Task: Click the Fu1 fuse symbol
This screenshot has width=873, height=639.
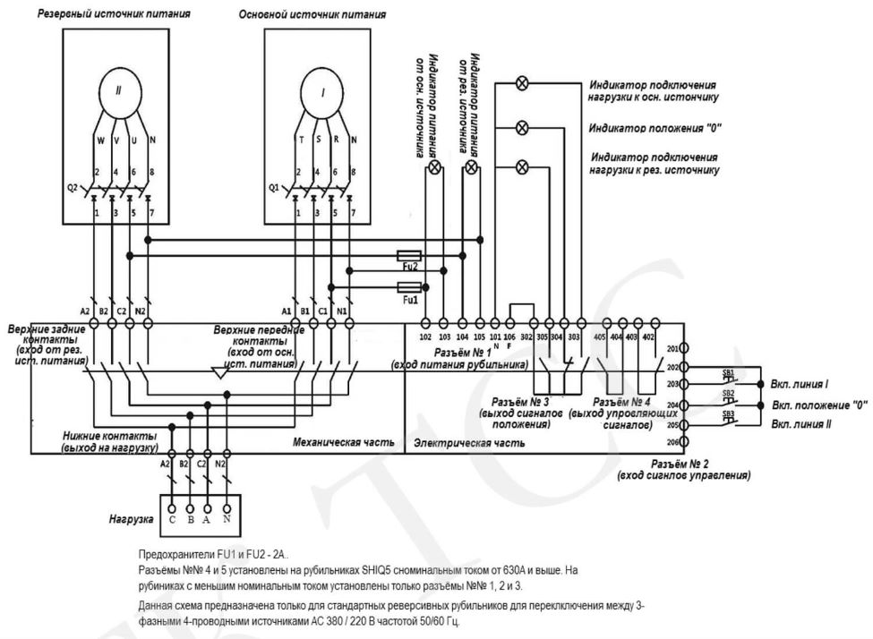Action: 408,287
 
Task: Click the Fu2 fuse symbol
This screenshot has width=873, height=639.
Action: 408,254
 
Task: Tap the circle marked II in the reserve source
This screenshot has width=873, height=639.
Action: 118,92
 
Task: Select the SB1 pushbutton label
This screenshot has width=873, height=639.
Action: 729,371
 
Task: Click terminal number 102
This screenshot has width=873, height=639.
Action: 425,337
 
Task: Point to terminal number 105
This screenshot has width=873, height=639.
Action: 479,337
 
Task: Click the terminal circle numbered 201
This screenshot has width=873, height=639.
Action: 685,350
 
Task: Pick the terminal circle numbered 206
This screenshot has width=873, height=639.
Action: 685,441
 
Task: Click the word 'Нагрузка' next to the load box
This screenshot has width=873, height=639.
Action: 131,518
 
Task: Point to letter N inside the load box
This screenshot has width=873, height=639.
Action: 228,518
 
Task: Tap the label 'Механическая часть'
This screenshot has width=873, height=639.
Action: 332,442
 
